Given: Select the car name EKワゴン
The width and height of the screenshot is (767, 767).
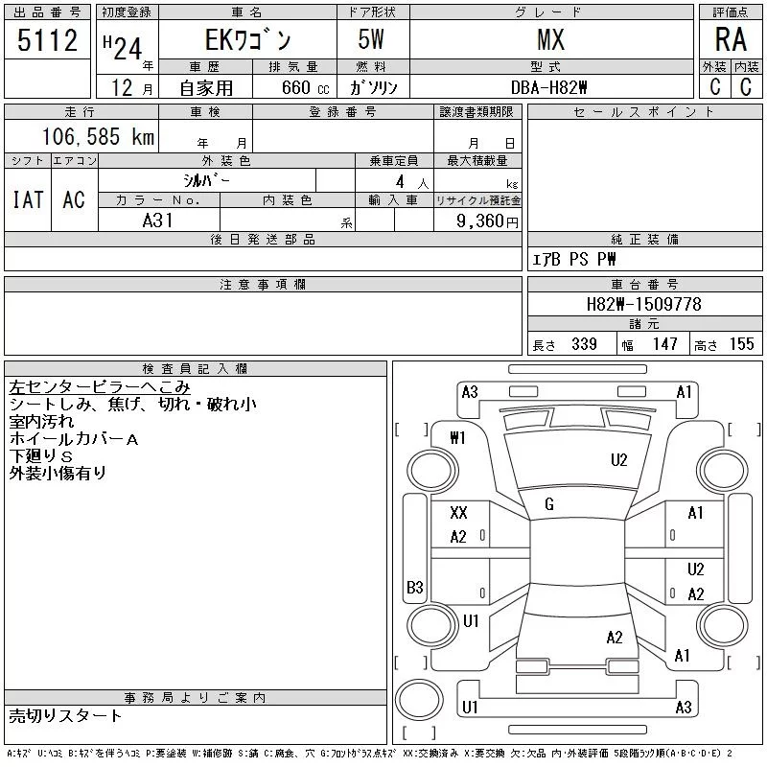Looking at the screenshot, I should (x=245, y=40).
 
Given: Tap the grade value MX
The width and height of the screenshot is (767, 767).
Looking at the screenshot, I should (x=550, y=40).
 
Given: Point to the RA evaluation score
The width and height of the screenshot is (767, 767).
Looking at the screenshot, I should (x=731, y=40).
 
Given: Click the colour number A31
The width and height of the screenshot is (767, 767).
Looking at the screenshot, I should (x=158, y=221).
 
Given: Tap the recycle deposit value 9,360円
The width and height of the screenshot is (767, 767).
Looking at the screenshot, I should (x=489, y=221).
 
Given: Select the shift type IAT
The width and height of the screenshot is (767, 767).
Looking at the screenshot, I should (x=28, y=199).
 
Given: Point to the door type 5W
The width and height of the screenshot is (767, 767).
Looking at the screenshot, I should (x=372, y=40).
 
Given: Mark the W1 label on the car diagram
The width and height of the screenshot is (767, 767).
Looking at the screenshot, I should (x=458, y=438).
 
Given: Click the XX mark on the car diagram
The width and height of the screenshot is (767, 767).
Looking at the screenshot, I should (x=458, y=513).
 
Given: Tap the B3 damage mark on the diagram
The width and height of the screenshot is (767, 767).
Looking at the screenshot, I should (x=415, y=587).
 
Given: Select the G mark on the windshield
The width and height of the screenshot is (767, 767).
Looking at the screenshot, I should (x=549, y=504).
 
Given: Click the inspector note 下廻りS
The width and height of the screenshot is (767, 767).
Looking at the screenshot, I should (x=41, y=455).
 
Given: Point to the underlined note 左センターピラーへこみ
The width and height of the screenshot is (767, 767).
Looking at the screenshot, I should (x=100, y=387).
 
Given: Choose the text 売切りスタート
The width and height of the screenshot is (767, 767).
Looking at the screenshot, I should (x=66, y=715).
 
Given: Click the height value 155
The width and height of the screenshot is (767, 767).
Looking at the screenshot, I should (x=740, y=344).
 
